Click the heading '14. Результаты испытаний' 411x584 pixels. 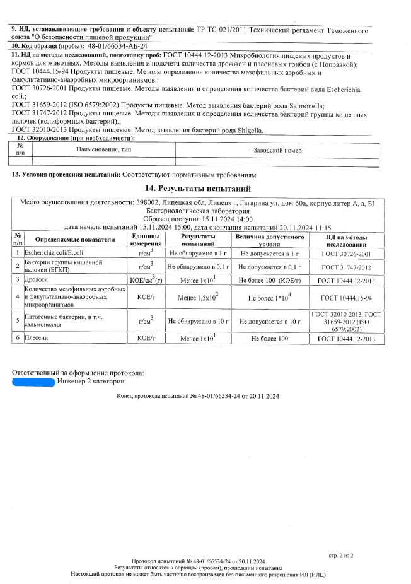(198, 188)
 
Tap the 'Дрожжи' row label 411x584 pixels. (37, 278)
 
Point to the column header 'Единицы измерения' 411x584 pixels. (146, 240)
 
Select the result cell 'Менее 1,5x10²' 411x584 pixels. (198, 297)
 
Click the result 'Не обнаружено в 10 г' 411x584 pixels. (198, 321)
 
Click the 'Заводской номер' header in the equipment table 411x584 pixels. (277, 150)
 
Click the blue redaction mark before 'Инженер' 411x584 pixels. (33, 380)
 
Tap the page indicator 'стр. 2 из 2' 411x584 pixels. (341, 555)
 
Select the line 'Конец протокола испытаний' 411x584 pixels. (198, 396)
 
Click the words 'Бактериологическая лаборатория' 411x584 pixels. (198, 210)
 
